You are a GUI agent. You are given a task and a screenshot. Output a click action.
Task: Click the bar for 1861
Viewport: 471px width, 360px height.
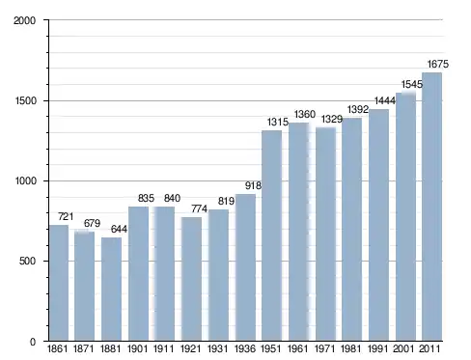[59, 283]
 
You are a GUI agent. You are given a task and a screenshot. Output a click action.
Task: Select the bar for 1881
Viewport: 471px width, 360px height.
[111, 289]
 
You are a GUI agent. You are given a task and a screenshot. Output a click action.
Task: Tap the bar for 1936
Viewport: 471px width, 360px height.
[245, 267]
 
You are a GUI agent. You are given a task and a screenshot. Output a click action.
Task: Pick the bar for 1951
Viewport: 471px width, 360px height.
[272, 235]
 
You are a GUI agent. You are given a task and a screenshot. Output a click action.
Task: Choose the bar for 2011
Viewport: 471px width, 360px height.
[431, 207]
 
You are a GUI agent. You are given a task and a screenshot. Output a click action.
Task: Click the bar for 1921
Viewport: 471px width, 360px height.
[192, 279]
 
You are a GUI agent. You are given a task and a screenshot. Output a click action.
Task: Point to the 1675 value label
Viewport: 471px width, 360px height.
[437, 65]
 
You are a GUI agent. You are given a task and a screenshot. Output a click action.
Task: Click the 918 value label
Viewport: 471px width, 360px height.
[253, 185]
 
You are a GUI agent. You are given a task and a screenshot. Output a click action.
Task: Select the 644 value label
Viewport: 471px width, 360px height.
[119, 229]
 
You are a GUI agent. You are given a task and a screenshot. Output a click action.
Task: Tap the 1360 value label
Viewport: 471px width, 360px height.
[305, 114]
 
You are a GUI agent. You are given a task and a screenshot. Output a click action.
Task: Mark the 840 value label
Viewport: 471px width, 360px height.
[172, 198]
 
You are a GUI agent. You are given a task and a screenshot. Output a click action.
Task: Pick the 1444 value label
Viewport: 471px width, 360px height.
[385, 101]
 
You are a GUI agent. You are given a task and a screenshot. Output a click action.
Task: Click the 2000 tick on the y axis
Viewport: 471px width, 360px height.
[25, 20]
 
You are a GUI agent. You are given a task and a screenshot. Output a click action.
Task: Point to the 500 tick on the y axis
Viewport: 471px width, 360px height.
[27, 261]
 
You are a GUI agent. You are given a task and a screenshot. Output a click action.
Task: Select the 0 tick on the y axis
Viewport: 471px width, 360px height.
[33, 342]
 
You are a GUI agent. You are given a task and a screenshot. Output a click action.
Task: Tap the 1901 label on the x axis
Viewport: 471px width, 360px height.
[137, 348]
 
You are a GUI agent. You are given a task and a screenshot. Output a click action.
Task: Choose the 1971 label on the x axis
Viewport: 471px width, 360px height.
[324, 348]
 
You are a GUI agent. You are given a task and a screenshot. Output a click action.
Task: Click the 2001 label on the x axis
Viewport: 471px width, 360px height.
[403, 348]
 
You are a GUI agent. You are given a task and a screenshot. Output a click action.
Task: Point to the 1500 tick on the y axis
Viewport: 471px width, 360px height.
[26, 101]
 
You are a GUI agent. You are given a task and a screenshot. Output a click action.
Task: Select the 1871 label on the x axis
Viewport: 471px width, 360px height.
[83, 348]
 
